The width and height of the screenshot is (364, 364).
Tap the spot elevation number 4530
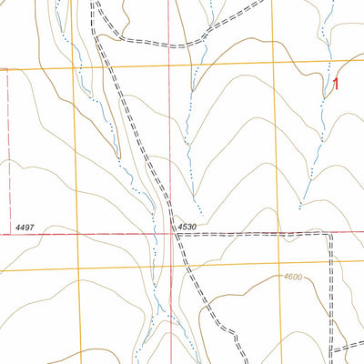tap(187, 226)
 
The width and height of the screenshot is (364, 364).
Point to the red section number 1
tap(337, 85)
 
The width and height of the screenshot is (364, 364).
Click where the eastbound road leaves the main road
tap(175, 234)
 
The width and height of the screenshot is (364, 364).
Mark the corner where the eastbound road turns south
tap(330, 235)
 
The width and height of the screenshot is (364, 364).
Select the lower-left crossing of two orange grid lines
tap(78, 269)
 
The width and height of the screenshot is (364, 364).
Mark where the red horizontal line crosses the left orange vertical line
tap(77, 234)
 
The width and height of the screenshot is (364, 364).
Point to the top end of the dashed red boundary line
tap(8, 71)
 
